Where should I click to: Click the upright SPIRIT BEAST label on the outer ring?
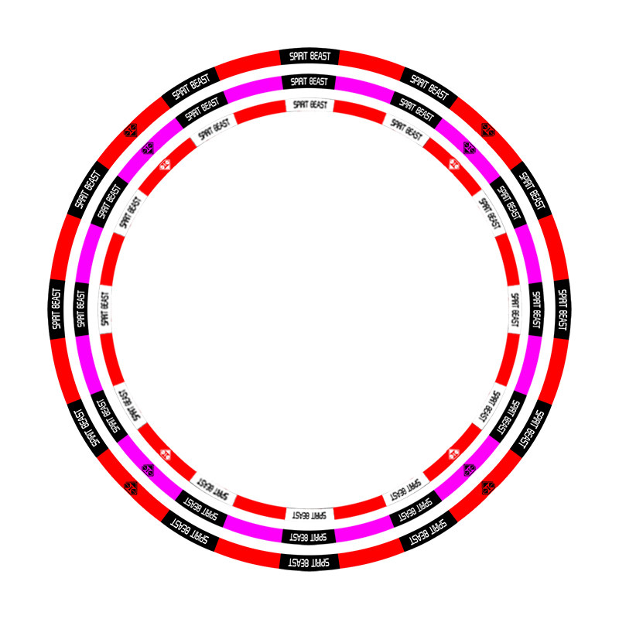309,56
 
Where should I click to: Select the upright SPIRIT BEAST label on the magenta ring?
309,82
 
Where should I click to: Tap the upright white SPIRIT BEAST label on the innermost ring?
310,105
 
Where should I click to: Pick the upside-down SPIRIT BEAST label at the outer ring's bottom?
309,563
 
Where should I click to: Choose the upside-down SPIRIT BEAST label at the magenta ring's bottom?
309,537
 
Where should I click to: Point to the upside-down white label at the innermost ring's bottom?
309,515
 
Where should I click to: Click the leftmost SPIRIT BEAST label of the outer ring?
56,309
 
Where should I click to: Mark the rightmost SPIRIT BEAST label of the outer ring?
563,309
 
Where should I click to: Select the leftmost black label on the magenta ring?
81,309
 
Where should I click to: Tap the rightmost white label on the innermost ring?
514,309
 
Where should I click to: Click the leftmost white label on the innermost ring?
105,309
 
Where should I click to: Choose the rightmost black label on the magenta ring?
535,309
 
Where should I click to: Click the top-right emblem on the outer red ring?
488,130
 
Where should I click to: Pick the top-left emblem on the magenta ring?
148,149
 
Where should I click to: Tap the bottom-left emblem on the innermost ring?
165,454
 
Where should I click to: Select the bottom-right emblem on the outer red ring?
488,488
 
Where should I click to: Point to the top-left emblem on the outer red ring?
130,130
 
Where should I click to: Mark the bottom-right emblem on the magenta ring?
470,470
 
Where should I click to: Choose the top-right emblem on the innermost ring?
454,164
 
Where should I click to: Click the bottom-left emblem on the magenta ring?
148,470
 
